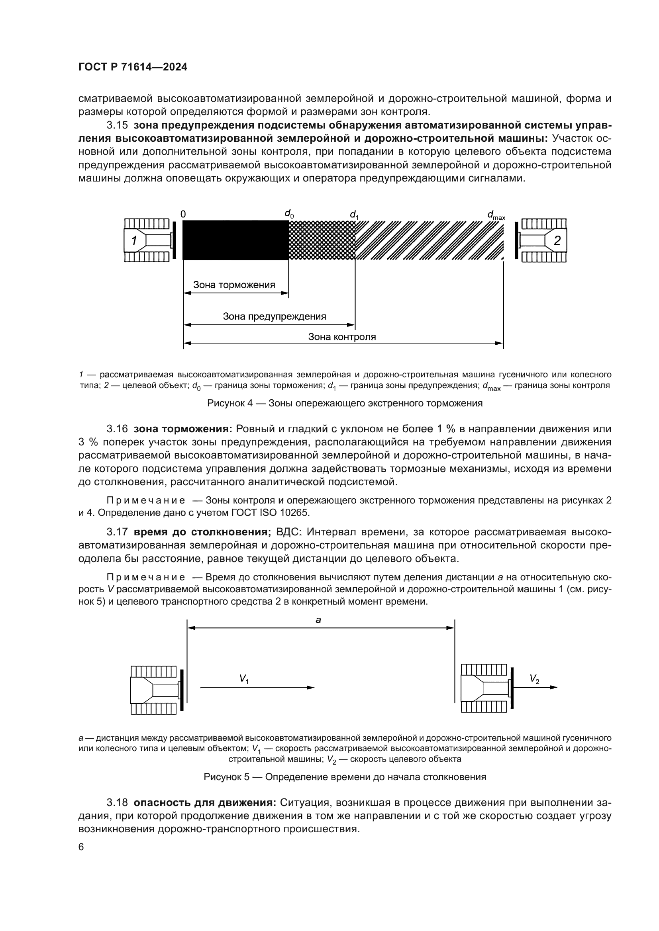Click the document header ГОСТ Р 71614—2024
[133, 67]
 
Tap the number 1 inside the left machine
[134, 241]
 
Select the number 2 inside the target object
[557, 241]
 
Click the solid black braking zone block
[235, 240]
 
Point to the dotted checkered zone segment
[322, 240]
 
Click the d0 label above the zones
[289, 214]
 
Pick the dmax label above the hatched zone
[496, 215]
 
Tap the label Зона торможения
[234, 285]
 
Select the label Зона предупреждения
[274, 316]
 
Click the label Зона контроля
[342, 337]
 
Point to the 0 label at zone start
[183, 214]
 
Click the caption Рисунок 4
[345, 404]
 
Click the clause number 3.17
[117, 532]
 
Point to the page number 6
[81, 847]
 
